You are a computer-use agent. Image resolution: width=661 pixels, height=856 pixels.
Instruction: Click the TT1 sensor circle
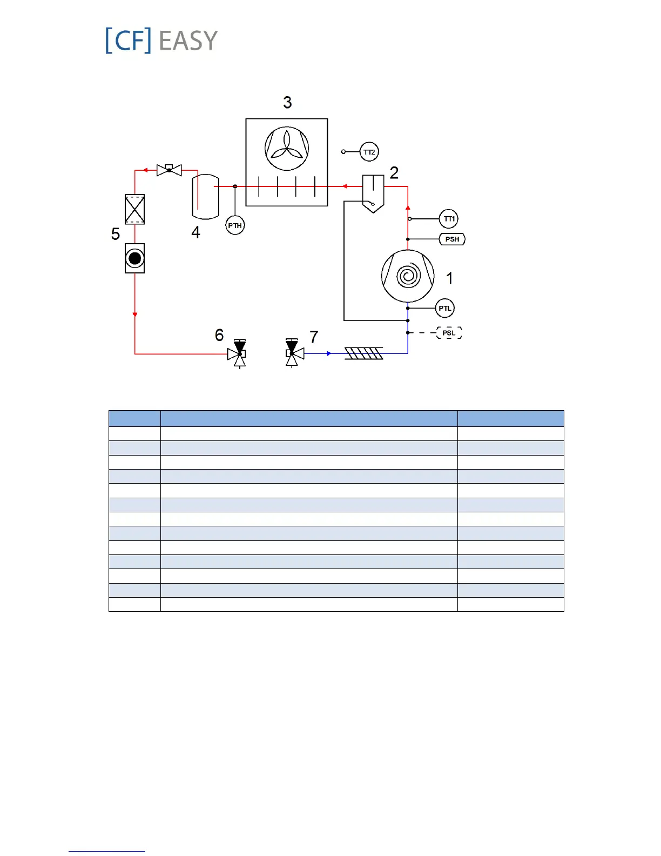pyautogui.click(x=449, y=219)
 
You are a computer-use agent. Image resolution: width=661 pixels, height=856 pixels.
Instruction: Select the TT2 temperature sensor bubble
pyautogui.click(x=369, y=152)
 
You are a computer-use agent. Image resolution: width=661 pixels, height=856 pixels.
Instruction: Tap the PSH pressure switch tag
pyautogui.click(x=452, y=239)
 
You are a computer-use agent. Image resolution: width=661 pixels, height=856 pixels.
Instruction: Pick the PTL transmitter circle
pyautogui.click(x=445, y=309)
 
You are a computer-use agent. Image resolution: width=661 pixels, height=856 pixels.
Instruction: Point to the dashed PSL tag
pyautogui.click(x=449, y=333)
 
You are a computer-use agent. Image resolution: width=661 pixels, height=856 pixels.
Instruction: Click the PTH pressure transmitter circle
pyautogui.click(x=235, y=225)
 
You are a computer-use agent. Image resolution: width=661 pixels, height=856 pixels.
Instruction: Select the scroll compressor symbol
pyautogui.click(x=408, y=276)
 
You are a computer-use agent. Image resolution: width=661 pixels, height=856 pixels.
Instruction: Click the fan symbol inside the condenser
pyautogui.click(x=287, y=149)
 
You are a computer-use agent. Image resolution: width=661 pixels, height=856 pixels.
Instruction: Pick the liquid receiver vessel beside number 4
pyautogui.click(x=206, y=196)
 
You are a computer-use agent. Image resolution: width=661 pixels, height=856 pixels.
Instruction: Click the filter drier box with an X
pyautogui.click(x=134, y=209)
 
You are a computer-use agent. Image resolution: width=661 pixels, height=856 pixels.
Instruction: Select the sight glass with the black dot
pyautogui.click(x=134, y=258)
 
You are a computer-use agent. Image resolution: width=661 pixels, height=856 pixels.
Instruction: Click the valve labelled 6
pyautogui.click(x=238, y=353)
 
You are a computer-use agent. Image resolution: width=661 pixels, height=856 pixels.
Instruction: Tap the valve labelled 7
pyautogui.click(x=293, y=353)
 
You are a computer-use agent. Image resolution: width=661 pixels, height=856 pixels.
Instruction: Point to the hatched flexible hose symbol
pyautogui.click(x=363, y=353)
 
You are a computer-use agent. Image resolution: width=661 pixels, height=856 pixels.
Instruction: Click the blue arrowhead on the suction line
pyautogui.click(x=329, y=353)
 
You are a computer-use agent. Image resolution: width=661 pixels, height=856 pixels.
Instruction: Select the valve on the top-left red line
pyautogui.click(x=169, y=170)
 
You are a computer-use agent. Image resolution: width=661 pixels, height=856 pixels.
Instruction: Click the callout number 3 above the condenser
pyautogui.click(x=287, y=102)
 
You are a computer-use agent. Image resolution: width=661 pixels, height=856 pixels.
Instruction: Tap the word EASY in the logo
pyautogui.click(x=188, y=41)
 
